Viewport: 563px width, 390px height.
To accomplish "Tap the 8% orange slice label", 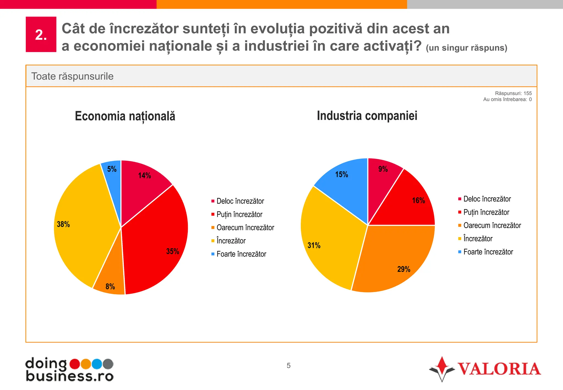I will tap(110, 287).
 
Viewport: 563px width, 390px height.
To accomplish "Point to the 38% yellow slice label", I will tap(63, 224).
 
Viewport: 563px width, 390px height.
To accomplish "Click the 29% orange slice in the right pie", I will tap(396, 261).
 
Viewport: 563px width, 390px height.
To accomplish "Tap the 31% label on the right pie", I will tap(314, 245).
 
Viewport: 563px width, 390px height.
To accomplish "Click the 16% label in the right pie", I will tap(418, 200).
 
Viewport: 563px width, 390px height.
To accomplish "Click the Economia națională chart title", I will tap(125, 116).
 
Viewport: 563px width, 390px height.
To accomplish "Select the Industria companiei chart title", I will tap(367, 116).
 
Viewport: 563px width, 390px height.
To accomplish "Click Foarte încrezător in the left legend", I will tap(241, 254).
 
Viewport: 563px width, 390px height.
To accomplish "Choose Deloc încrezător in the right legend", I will tap(487, 199).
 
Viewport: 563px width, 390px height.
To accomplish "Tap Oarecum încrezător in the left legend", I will tap(245, 227).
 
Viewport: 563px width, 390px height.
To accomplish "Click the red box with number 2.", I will tap(41, 34).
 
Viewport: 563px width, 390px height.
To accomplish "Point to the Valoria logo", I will tap(485, 369).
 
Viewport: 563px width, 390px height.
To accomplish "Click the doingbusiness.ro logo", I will tap(69, 369).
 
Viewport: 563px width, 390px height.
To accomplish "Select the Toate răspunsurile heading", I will tap(72, 76).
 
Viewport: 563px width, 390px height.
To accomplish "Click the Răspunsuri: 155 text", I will tap(513, 93).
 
